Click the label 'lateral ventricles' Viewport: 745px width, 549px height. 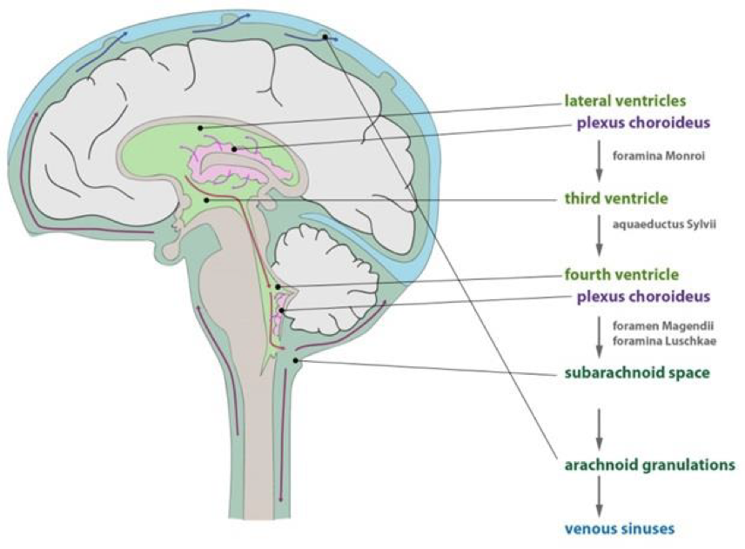(x=625, y=100)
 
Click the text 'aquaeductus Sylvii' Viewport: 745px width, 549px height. (x=655, y=224)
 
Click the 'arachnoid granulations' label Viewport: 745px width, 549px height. (x=649, y=465)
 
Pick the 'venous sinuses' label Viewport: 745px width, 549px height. (x=619, y=528)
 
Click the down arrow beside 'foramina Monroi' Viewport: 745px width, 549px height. (x=599, y=159)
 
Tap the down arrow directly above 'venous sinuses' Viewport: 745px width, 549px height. (x=599, y=496)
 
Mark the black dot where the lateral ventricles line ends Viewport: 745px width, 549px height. (x=201, y=128)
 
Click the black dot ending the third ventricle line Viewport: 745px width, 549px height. (x=206, y=199)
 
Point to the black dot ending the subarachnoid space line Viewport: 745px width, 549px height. (x=297, y=359)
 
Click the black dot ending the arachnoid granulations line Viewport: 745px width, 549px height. (x=325, y=37)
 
